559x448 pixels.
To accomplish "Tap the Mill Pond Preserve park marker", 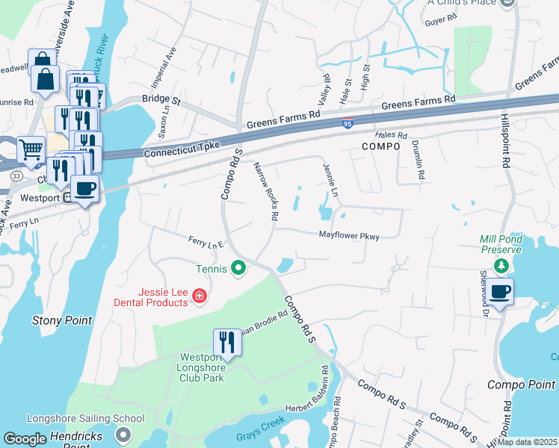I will pos(503,265).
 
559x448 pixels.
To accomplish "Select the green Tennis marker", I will pos(238,267).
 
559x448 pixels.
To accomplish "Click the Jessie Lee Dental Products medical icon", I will pos(199,296).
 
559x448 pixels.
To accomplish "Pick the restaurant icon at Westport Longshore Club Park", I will pos(226,342).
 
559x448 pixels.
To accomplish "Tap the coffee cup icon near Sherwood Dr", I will pos(500,291).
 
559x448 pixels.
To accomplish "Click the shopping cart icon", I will pos(30,149).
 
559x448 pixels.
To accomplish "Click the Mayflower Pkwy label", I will pos(349,236).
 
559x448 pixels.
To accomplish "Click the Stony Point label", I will pos(62,320).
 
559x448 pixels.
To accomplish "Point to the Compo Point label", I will pos(521,385).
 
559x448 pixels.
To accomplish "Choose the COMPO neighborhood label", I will pos(381,147).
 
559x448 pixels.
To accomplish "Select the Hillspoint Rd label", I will pos(506,139).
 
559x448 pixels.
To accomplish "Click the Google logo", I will pos(25,439).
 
